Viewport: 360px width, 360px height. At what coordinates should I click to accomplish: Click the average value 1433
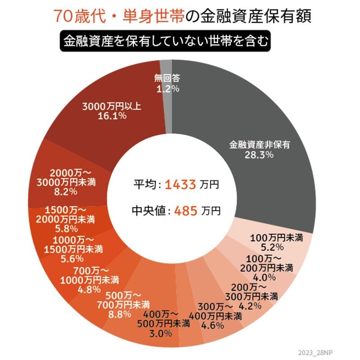click(180, 184)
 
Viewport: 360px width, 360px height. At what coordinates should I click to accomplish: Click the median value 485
click(184, 210)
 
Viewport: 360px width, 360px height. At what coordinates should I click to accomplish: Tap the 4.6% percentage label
click(211, 324)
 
